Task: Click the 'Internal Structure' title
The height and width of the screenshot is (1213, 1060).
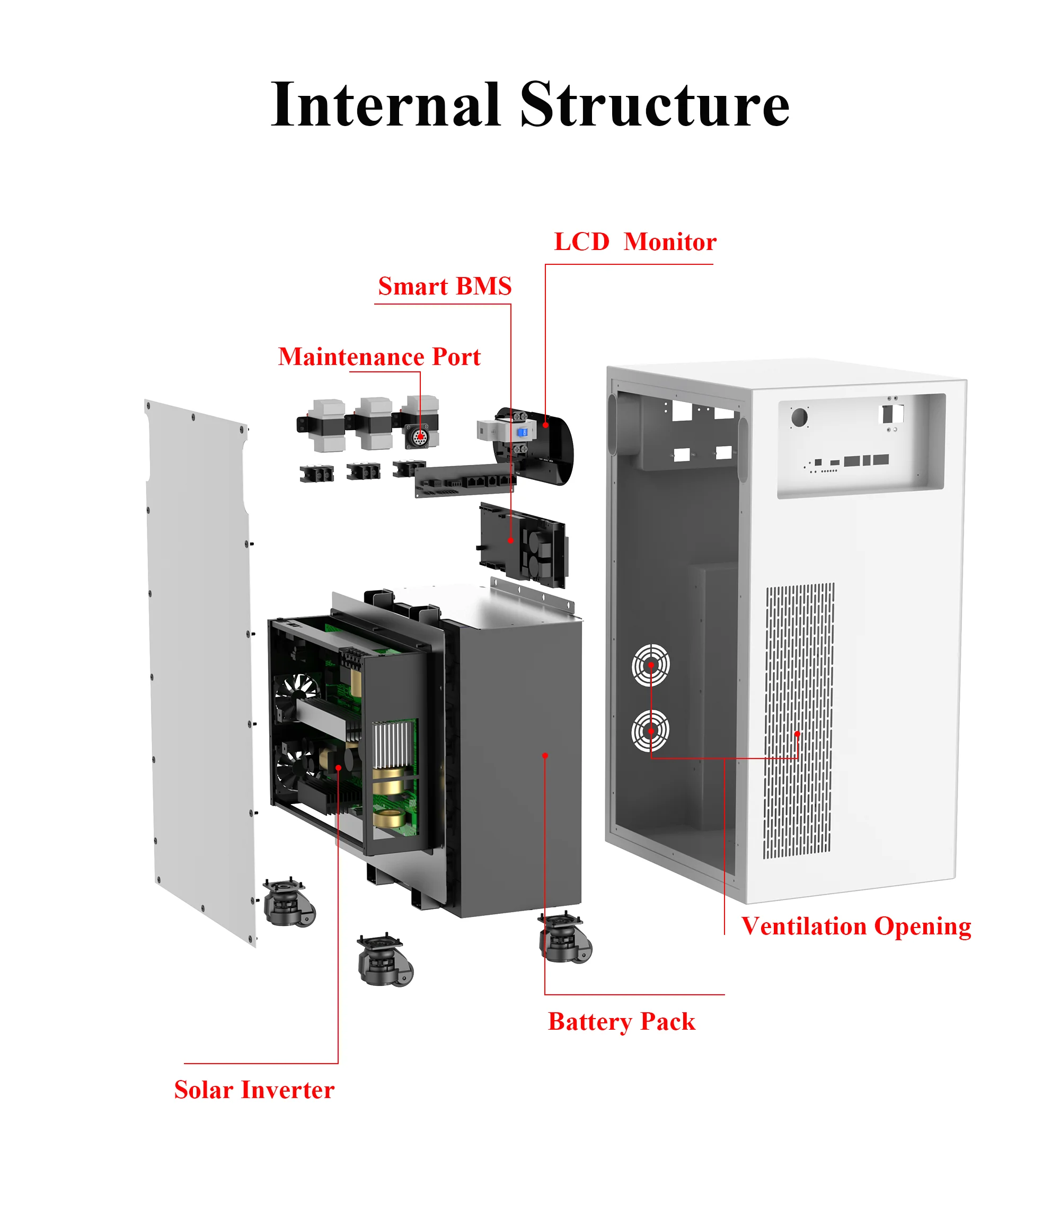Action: point(530,105)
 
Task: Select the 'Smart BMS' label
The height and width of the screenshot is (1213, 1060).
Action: point(445,287)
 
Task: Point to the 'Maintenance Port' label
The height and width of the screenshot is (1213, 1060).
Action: point(379,357)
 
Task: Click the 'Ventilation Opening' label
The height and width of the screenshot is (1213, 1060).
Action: point(856,926)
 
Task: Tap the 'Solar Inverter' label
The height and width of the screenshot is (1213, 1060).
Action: point(254,1090)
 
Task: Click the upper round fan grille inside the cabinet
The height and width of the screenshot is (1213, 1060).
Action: point(651,664)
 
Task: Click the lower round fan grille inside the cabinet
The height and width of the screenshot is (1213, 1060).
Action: point(651,730)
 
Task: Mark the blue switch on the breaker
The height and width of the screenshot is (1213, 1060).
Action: point(522,433)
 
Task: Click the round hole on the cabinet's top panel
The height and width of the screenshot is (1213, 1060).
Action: point(799,417)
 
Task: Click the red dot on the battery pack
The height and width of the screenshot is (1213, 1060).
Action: point(545,755)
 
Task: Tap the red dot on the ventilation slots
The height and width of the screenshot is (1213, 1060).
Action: point(797,734)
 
